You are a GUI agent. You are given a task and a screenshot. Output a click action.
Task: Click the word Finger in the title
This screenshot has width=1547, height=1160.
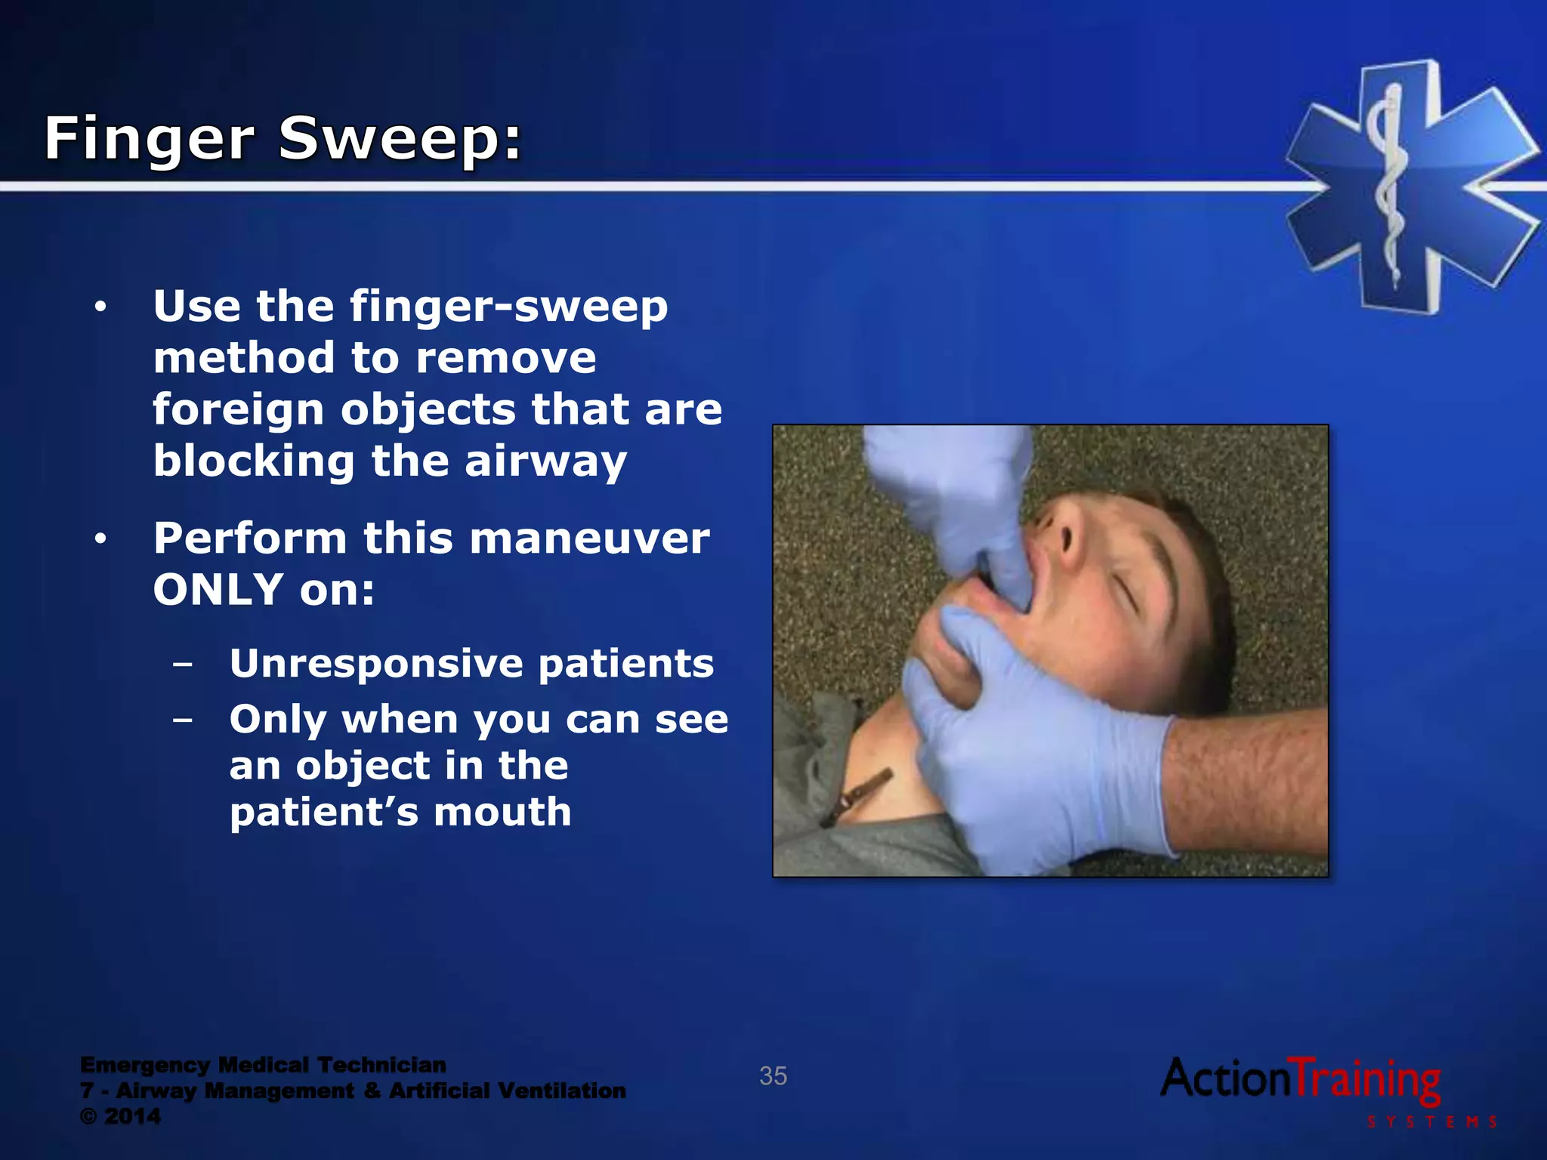tap(150, 140)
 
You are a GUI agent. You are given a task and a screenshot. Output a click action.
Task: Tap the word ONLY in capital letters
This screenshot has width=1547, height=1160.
tap(218, 590)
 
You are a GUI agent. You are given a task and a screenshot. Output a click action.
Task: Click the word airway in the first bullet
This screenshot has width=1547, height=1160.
tap(545, 461)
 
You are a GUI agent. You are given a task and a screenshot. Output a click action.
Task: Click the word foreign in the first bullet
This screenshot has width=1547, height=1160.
tap(238, 410)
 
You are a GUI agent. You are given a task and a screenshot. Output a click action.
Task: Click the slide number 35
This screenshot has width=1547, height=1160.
tap(773, 1075)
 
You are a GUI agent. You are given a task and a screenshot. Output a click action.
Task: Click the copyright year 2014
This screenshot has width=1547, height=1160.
tap(132, 1116)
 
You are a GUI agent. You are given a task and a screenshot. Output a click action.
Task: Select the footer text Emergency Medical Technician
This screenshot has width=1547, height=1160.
tap(263, 1065)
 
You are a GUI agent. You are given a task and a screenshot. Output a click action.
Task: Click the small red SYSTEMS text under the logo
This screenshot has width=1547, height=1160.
tap(1431, 1122)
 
